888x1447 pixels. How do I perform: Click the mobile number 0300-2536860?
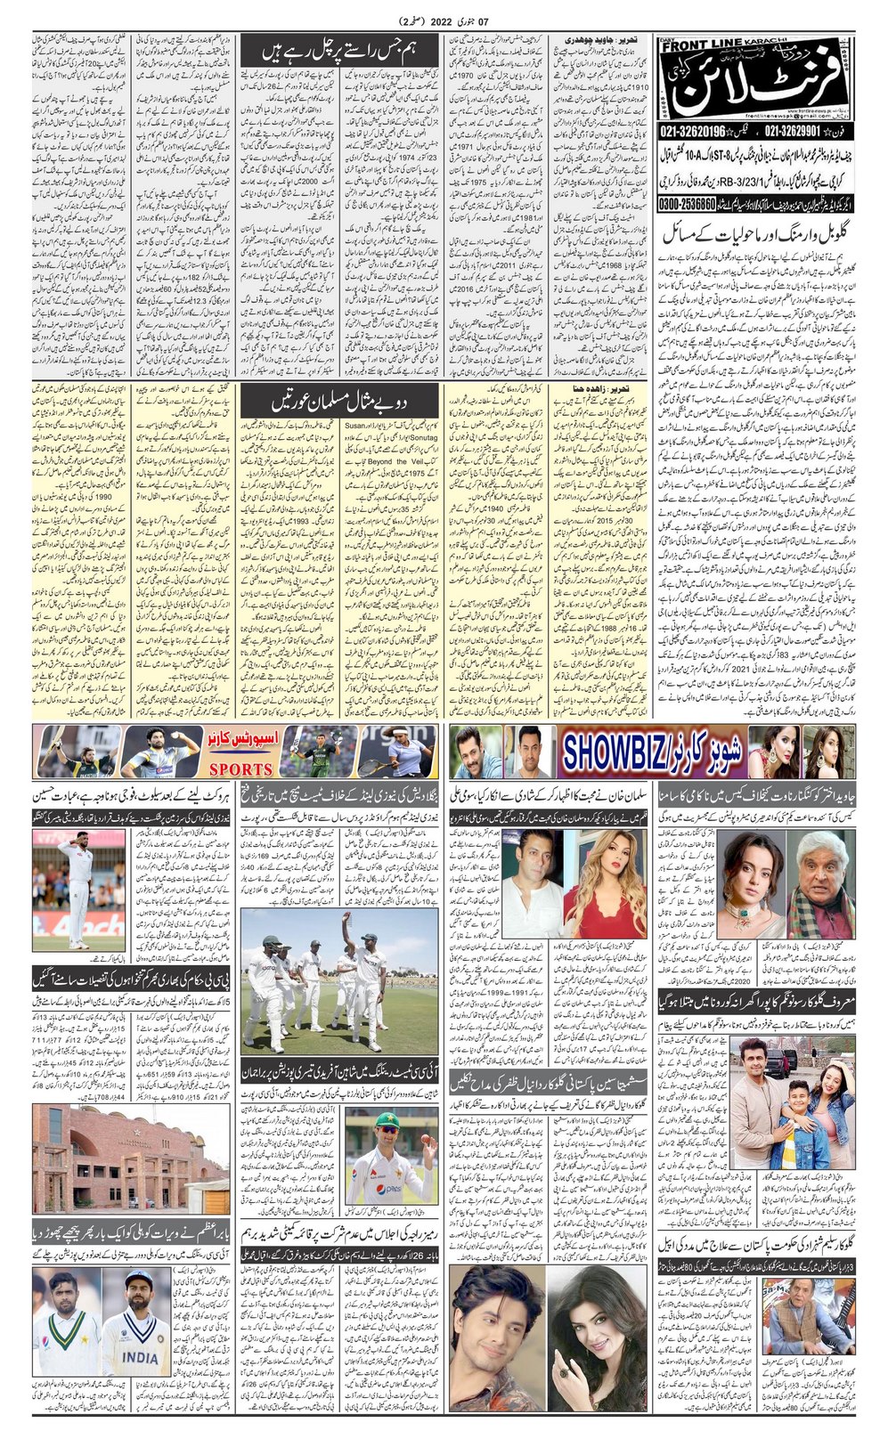(x=692, y=203)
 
